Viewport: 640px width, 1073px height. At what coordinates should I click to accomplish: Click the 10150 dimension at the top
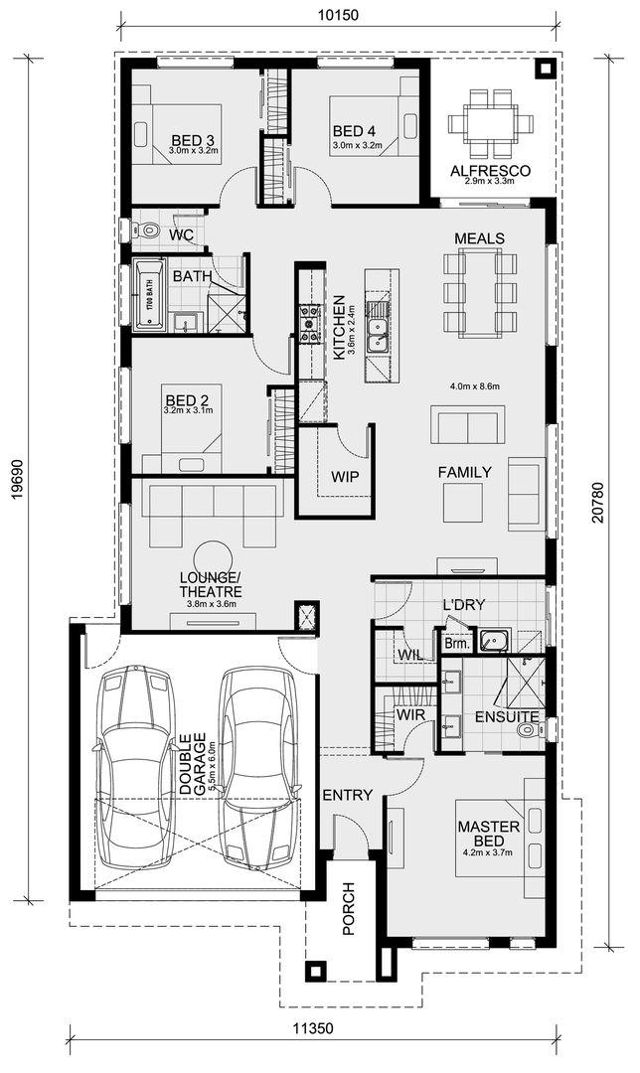[338, 14]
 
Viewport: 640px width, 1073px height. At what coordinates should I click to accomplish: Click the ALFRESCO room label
[490, 171]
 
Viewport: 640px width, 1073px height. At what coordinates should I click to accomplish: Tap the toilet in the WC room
[148, 230]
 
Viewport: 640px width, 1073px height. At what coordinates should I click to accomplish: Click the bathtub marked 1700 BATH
[148, 295]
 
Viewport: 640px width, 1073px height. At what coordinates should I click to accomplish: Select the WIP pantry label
[345, 477]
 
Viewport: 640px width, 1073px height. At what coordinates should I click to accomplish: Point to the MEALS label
[480, 238]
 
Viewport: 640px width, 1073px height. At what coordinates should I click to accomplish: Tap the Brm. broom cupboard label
[457, 644]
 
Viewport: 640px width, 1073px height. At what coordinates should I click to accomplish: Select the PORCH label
[349, 909]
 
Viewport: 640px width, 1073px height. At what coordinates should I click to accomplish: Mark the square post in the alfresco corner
[545, 69]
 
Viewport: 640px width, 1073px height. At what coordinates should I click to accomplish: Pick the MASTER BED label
[489, 834]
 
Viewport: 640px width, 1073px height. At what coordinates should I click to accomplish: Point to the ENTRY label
[347, 795]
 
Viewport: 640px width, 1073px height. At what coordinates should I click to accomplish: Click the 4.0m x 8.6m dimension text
[475, 385]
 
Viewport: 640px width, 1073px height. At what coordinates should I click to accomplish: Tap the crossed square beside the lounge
[306, 615]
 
